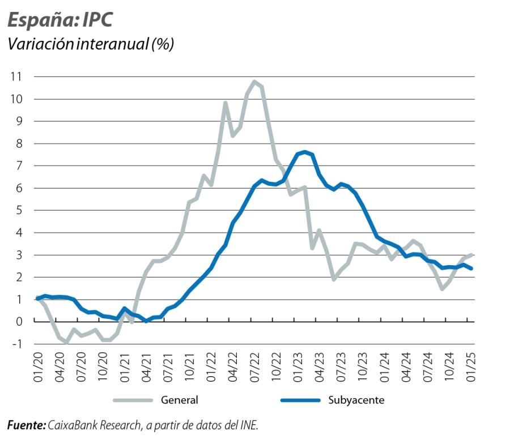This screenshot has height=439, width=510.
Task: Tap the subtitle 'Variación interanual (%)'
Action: coord(90,45)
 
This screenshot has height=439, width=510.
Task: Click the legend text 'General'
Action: coord(180,400)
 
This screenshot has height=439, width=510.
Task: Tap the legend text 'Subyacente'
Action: coord(356,400)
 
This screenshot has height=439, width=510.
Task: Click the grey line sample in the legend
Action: coord(133,400)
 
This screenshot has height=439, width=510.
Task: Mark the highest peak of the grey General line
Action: coord(254,82)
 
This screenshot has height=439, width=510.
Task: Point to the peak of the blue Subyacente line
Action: coord(305,152)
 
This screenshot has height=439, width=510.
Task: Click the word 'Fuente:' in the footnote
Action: coord(26,424)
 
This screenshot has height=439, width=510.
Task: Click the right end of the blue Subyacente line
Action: coord(472,268)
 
